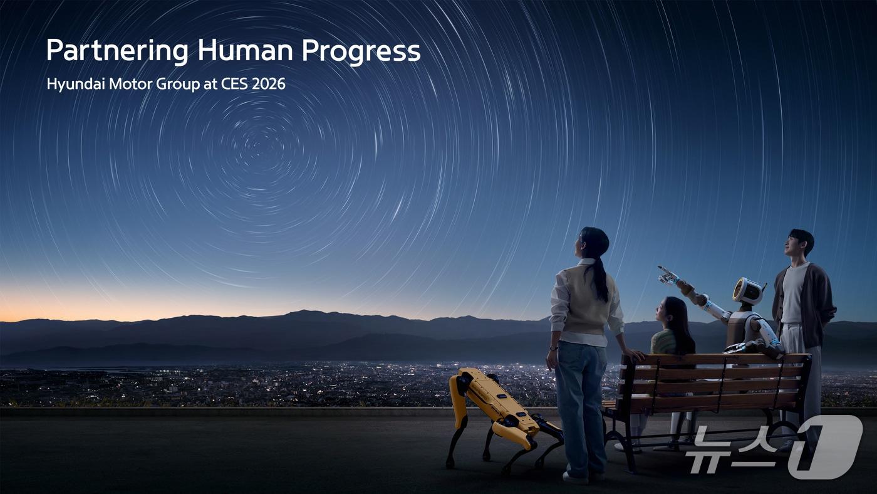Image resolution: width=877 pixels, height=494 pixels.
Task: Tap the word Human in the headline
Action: click(245, 50)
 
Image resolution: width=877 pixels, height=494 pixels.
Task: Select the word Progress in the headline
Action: click(361, 51)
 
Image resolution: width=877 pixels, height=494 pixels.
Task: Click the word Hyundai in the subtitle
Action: click(76, 84)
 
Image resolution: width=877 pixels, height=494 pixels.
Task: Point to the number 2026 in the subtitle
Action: click(269, 84)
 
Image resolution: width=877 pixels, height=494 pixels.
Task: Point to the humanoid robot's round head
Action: click(748, 291)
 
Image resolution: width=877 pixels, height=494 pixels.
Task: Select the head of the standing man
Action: click(801, 244)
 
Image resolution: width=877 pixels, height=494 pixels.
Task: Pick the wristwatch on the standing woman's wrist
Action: click(553, 348)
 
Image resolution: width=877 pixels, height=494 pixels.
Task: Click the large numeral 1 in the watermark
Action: click(826, 446)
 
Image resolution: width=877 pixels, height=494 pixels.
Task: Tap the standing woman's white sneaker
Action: click(576, 478)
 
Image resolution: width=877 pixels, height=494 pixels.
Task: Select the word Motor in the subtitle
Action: click(130, 84)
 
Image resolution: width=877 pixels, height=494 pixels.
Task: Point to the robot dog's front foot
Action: click(450, 464)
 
